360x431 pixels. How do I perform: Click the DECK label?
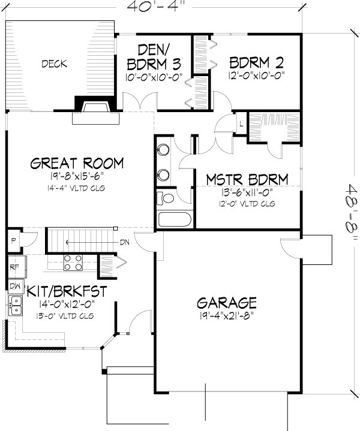tap(54, 64)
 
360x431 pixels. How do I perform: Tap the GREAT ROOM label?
tap(77, 163)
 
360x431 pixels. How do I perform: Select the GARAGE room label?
tap(227, 303)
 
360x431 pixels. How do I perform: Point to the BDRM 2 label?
tap(256, 63)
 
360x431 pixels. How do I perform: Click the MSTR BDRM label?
tap(247, 180)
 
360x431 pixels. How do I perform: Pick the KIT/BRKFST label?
tap(67, 291)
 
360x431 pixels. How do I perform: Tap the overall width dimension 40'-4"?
tap(155, 7)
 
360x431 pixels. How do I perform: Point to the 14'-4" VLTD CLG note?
tap(76, 188)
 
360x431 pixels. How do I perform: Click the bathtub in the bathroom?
tap(175, 219)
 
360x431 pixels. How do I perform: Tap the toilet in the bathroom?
tap(165, 198)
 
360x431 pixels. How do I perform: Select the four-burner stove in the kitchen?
tap(73, 263)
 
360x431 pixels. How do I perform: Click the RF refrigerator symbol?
tap(17, 267)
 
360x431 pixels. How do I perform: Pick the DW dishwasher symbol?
tap(16, 286)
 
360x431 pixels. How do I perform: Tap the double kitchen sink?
tap(16, 306)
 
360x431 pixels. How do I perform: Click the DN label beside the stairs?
tap(125, 243)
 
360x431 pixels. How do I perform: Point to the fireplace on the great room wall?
tap(96, 110)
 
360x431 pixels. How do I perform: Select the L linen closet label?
tap(241, 123)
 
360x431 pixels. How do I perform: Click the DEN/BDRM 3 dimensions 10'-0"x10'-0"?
tap(154, 77)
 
